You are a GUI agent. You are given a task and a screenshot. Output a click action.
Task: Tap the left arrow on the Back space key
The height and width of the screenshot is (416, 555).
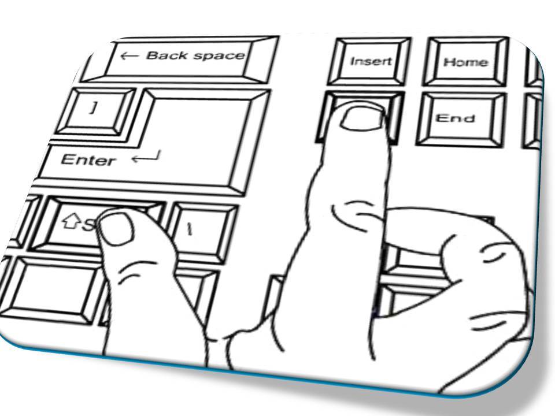point(129,56)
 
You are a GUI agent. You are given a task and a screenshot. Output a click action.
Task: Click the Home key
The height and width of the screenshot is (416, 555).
point(465,62)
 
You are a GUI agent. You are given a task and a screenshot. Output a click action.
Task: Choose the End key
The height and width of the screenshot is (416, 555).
point(456,118)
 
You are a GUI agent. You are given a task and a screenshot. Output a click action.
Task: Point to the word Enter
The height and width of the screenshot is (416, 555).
point(88,159)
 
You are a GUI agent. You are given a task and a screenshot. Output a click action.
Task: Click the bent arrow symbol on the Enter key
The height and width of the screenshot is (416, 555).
point(146,156)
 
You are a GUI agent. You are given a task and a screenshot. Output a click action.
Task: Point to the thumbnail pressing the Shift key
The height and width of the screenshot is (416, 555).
point(116,228)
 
